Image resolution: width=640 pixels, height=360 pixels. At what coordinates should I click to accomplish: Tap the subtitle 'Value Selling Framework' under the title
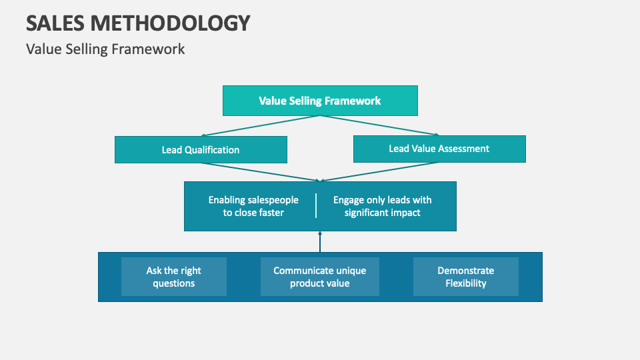click(105, 49)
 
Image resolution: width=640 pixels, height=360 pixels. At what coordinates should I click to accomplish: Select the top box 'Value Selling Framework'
click(320, 101)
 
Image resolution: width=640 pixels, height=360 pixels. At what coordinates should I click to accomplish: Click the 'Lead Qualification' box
click(201, 150)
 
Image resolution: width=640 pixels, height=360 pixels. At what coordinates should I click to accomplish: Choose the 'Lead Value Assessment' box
click(439, 149)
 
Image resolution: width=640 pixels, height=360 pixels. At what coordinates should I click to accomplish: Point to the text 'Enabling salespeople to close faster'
click(253, 206)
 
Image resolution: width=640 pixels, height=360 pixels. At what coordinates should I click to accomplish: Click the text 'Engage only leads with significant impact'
click(383, 206)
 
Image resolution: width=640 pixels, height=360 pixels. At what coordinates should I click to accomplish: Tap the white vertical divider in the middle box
click(316, 206)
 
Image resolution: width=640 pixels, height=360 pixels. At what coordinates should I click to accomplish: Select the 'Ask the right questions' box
click(173, 277)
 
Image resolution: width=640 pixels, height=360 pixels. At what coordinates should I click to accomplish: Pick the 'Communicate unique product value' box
click(320, 277)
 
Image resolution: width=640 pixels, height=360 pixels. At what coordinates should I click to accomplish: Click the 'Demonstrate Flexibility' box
click(466, 277)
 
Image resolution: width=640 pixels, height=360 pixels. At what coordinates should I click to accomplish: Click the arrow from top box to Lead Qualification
click(260, 126)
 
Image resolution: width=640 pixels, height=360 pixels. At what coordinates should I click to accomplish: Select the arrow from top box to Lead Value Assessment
click(380, 126)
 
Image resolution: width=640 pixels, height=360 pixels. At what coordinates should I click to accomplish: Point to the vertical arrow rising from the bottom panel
click(320, 242)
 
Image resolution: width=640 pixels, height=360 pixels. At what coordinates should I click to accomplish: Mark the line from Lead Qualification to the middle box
click(260, 171)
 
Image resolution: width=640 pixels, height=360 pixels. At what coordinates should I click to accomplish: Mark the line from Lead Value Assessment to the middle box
click(380, 171)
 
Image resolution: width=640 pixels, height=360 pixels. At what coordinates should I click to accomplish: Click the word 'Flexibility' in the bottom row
click(466, 283)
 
